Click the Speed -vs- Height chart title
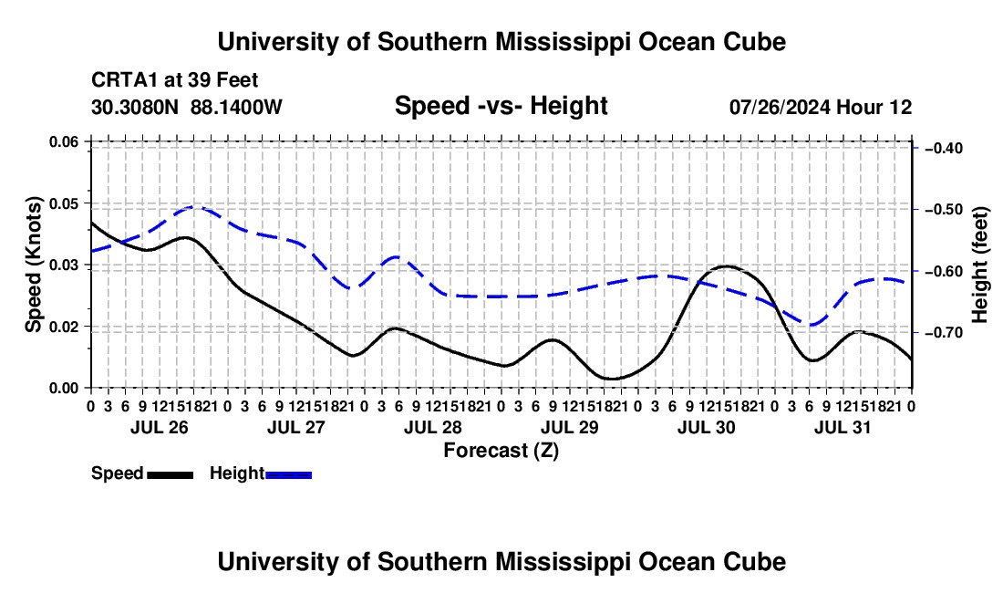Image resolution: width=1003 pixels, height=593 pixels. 501,106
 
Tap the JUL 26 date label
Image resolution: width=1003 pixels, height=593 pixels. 160,427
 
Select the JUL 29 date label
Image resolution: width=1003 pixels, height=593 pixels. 570,427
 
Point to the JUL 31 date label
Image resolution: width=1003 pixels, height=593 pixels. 843,427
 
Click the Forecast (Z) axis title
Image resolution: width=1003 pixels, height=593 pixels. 501,451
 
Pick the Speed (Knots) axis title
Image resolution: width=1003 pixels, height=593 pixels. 33,265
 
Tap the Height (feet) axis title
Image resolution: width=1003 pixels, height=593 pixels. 979,265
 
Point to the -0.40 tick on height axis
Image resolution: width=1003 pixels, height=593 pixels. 944,149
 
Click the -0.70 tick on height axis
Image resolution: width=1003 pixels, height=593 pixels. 944,333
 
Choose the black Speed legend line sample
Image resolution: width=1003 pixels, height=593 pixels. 171,475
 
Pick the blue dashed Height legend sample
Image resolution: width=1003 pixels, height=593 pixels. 288,475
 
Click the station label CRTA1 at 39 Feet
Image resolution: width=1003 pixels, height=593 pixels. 175,80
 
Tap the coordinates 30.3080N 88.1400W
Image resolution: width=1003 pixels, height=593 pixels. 186,107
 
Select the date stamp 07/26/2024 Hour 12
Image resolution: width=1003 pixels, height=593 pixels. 821,107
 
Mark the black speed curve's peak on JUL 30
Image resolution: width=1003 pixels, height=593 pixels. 726,265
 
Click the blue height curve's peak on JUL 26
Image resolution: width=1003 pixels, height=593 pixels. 193,206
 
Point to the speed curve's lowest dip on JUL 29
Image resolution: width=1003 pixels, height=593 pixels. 612,379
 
